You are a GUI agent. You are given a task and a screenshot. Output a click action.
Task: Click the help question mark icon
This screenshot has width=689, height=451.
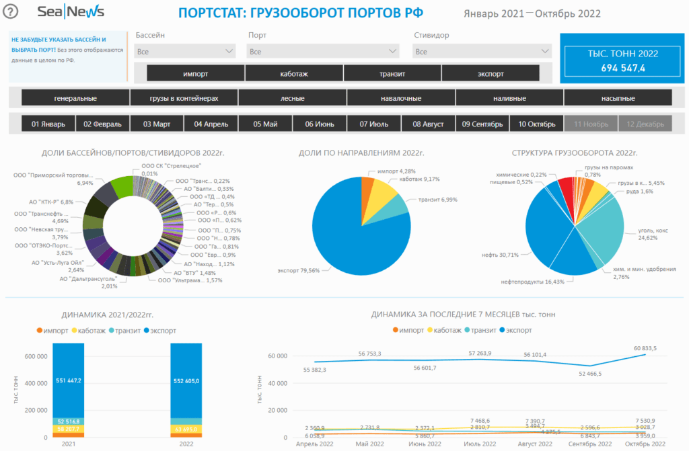(x=11, y=11)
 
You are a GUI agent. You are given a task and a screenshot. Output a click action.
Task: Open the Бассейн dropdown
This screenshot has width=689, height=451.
(x=185, y=51)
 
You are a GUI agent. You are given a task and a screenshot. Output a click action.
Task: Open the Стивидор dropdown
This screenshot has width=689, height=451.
(x=482, y=51)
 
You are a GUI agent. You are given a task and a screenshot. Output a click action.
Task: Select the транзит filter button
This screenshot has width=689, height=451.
(x=392, y=73)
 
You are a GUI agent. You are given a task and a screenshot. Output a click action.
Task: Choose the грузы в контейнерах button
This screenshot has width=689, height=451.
(x=184, y=98)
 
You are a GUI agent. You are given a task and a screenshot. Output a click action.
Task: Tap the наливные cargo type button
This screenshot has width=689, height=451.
(x=509, y=98)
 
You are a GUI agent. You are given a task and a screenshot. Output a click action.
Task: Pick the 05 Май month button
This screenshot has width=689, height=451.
(x=265, y=124)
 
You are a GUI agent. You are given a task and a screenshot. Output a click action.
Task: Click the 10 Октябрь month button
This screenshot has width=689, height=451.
(x=536, y=124)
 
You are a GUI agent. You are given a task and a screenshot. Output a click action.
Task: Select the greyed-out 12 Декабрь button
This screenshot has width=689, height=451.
(x=645, y=124)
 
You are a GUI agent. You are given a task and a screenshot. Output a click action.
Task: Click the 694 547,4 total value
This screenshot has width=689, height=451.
(x=623, y=68)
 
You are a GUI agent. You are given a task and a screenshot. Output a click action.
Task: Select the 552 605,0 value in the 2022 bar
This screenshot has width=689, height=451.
(x=195, y=381)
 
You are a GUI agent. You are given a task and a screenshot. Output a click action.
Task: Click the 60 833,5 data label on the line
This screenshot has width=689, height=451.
(x=645, y=347)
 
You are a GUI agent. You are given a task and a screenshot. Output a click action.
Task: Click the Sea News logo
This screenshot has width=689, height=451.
(x=71, y=12)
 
